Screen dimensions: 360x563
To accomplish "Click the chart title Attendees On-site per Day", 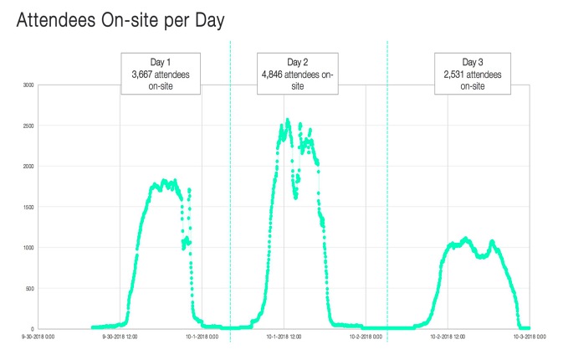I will (120, 21).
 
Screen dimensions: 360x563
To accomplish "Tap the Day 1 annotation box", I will (161, 74).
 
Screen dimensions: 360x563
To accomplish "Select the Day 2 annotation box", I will (298, 74).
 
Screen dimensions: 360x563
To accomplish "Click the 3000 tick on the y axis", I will (28, 85).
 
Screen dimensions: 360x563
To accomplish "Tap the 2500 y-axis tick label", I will (28, 126).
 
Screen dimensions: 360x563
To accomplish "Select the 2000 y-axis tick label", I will (28, 166).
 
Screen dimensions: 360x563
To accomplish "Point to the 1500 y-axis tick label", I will (28, 207).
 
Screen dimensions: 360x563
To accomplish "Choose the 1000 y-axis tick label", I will (28, 247).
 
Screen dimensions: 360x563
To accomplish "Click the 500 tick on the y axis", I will (30, 288).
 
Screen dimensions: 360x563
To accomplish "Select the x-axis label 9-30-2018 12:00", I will (120, 338).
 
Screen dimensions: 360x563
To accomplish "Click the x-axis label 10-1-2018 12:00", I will (284, 338).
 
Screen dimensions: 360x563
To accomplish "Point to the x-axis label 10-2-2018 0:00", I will (366, 338).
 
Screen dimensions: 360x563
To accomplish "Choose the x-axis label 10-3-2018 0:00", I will (529, 338).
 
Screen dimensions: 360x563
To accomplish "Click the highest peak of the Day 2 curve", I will (288, 120).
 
